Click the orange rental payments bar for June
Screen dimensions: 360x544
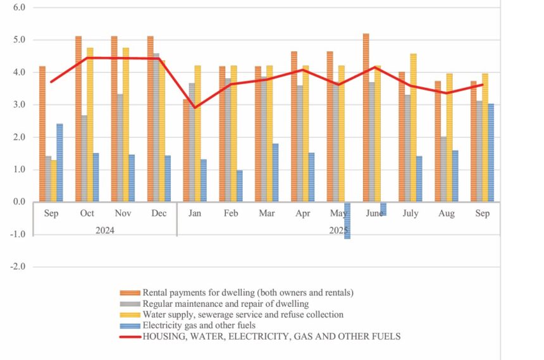366,118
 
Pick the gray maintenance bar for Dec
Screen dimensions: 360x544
156,127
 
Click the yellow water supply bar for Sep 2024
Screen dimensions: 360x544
54,180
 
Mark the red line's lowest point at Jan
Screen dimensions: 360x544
195,108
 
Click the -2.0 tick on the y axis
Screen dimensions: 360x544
16,267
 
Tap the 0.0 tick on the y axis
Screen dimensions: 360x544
18,202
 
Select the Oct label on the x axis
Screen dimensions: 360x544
87,214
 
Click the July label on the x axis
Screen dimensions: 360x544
410,214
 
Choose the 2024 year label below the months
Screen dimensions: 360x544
105,230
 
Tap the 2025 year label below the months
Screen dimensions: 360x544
338,230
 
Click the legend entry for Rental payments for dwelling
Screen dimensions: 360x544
247,292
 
